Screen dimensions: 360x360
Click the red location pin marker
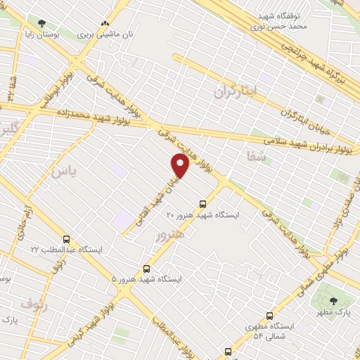click(180, 165)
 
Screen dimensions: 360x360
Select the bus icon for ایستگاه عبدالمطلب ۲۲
click(67, 239)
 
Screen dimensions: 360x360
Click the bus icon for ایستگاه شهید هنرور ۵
click(146, 269)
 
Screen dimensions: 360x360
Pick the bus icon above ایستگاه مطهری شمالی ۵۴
click(269, 316)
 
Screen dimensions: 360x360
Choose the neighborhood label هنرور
click(171, 236)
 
